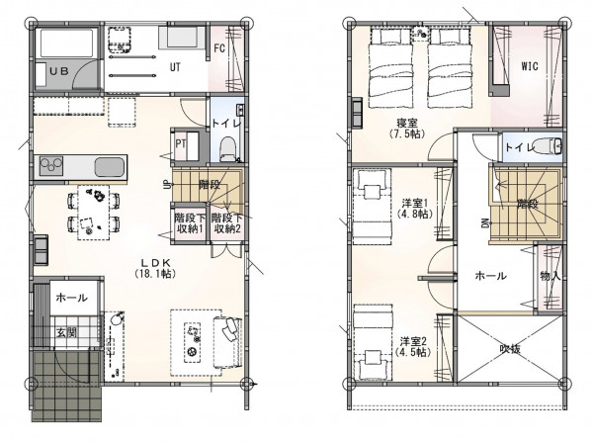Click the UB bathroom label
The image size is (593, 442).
[59, 71]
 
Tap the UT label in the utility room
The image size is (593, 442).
[175, 67]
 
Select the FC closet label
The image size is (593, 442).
[219, 48]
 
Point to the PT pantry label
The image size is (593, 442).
[181, 143]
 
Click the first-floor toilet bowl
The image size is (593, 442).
[227, 148]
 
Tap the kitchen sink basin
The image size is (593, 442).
[110, 167]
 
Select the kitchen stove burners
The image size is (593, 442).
[51, 166]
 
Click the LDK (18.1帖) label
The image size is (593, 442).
[155, 268]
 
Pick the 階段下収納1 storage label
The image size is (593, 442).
[189, 223]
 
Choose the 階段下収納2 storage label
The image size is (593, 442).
[226, 223]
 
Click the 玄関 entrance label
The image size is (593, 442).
[66, 332]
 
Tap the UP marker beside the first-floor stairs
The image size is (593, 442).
[166, 185]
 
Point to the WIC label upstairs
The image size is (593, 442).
[530, 66]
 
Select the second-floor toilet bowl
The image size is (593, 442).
[548, 146]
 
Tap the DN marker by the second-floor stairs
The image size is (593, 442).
[485, 223]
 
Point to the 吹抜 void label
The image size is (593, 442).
[510, 348]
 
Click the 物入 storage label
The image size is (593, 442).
[550, 276]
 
